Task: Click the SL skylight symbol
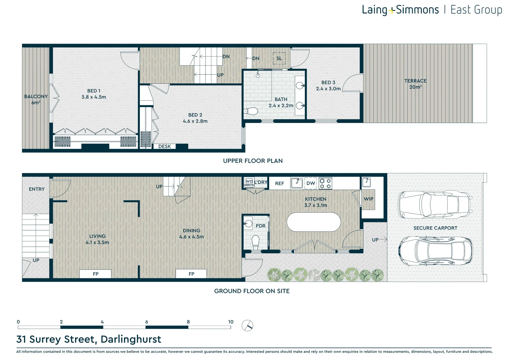pyautogui.click(x=279, y=58)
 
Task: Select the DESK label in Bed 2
pyautogui.click(x=165, y=146)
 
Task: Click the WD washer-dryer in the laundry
pyautogui.click(x=249, y=181)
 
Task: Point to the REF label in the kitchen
pyautogui.click(x=279, y=184)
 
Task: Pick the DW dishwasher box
pyautogui.click(x=310, y=183)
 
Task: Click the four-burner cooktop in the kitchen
pyautogui.click(x=325, y=183)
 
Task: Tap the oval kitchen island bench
pyautogui.click(x=313, y=222)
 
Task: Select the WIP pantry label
pyautogui.click(x=368, y=199)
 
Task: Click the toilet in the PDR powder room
pyautogui.click(x=255, y=242)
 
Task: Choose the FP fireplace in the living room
pyautogui.click(x=95, y=274)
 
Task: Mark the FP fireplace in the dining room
pyautogui.click(x=191, y=274)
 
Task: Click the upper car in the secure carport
pyautogui.click(x=435, y=204)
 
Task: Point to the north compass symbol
pyautogui.click(x=248, y=325)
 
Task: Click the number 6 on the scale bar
pyautogui.click(x=147, y=322)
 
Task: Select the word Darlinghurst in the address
pyautogui.click(x=131, y=339)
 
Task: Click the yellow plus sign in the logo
pyautogui.click(x=391, y=10)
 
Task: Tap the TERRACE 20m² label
pyautogui.click(x=415, y=84)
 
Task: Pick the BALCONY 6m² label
pyautogui.click(x=36, y=99)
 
